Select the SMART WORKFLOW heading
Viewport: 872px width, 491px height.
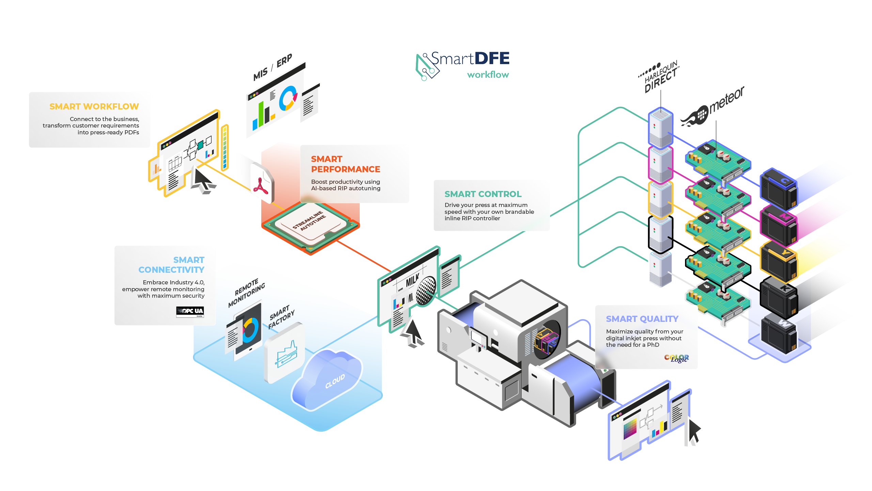click(x=94, y=107)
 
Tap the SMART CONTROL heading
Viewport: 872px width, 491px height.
click(x=483, y=194)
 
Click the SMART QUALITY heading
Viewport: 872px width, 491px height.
click(x=642, y=319)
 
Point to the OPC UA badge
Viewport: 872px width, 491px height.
click(x=190, y=311)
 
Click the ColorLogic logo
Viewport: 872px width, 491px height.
click(x=676, y=358)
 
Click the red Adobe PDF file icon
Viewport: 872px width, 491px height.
click(x=261, y=184)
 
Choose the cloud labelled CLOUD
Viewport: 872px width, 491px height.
click(x=329, y=378)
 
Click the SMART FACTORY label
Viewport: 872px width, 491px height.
click(x=281, y=317)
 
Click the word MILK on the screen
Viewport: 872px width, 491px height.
click(x=412, y=281)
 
